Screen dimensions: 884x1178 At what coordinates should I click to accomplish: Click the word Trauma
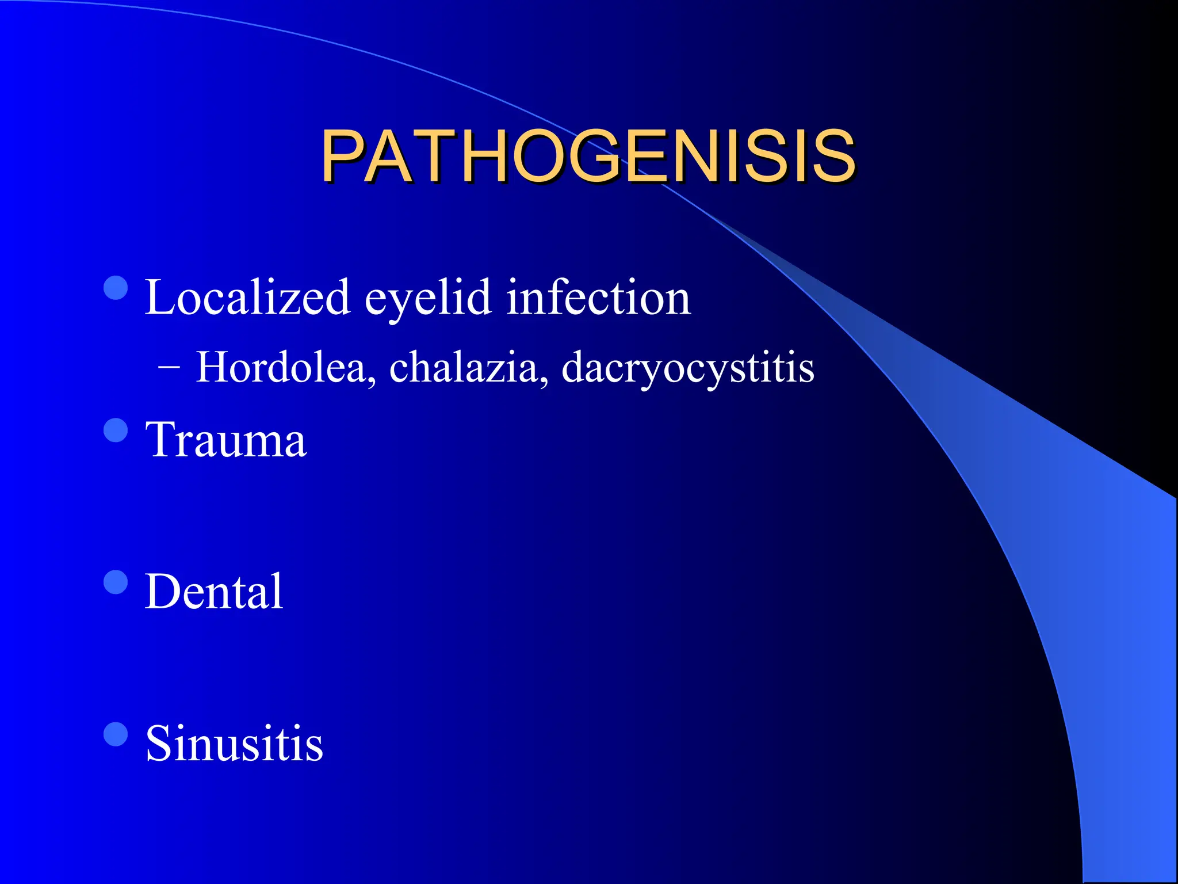tap(226, 440)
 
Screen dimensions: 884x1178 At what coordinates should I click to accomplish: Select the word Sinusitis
tap(234, 743)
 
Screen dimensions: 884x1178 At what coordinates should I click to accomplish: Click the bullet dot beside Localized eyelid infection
tap(116, 288)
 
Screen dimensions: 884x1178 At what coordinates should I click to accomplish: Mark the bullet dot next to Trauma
tap(116, 430)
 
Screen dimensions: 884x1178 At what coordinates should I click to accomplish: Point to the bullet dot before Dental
tap(116, 582)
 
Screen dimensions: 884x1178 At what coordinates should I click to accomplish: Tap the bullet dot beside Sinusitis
tap(116, 734)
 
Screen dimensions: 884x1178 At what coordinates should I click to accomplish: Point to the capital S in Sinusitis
tap(159, 743)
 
